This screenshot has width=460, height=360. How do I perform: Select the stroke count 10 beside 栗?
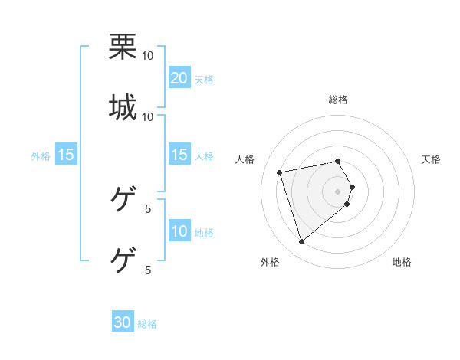pos(148,56)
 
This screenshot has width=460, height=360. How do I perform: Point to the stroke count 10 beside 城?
pos(148,116)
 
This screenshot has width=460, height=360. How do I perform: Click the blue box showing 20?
pos(179,78)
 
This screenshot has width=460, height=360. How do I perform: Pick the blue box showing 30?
pos(123,322)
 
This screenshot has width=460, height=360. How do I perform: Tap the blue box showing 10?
pos(179,231)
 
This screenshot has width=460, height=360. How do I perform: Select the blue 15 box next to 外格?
pos(66,155)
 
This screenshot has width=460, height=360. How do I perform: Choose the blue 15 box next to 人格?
pos(179,155)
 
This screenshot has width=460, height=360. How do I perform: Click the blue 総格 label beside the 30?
pos(147,324)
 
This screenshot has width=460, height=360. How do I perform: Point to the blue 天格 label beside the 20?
pos(204,80)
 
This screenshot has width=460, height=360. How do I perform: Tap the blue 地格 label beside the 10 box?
pos(204,233)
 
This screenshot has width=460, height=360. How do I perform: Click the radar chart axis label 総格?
pos(338,100)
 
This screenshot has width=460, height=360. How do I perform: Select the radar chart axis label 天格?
pos(432,159)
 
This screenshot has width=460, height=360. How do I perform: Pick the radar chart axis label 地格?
pos(402,263)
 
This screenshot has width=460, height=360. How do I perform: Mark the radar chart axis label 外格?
pos(270,263)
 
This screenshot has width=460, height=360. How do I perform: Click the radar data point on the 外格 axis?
pos(301,242)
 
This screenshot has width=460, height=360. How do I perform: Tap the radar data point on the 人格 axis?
pos(280,172)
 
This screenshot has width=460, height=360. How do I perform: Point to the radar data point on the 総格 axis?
pos(338,161)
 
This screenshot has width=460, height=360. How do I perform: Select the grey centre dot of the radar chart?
pos(338,191)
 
